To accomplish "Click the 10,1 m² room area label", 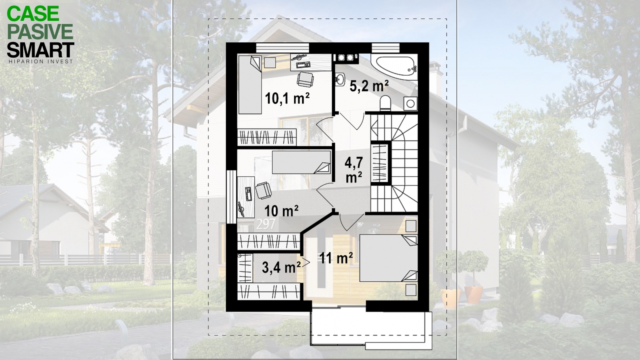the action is pyautogui.click(x=287, y=98).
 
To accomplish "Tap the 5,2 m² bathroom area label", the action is pyautogui.click(x=369, y=86).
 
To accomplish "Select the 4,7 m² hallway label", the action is pyautogui.click(x=354, y=170).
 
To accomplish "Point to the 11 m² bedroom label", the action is pyautogui.click(x=336, y=258).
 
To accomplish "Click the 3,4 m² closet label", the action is pyautogui.click(x=281, y=268).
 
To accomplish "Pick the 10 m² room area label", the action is pyautogui.click(x=282, y=211).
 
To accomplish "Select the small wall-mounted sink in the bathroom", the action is pyautogui.click(x=340, y=79).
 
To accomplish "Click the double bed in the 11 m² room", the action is pyautogui.click(x=388, y=258).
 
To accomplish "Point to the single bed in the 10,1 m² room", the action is pyautogui.click(x=250, y=84).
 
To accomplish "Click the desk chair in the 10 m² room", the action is pyautogui.click(x=263, y=190).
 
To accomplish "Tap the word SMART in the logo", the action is pyautogui.click(x=40, y=50).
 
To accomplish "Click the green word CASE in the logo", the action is pyautogui.click(x=33, y=14).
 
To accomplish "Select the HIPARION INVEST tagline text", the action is pyautogui.click(x=40, y=62).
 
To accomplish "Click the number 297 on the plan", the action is pyautogui.click(x=266, y=224).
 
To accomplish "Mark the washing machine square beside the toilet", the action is pyautogui.click(x=410, y=104).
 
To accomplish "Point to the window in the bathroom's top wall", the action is pyautogui.click(x=386, y=48).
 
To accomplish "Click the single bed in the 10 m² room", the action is pyautogui.click(x=302, y=162).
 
